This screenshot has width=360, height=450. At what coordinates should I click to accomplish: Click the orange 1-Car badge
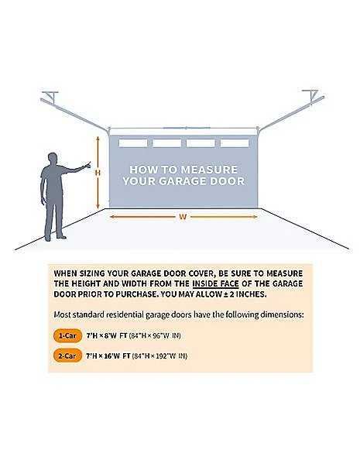[67, 335]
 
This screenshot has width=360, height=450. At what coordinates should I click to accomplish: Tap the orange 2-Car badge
[67, 356]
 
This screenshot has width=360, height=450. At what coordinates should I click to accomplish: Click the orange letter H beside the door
[98, 173]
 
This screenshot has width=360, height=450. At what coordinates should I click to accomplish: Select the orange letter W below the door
[183, 217]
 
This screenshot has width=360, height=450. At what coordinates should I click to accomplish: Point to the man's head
[53, 158]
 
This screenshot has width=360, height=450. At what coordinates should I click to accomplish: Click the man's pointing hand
[87, 165]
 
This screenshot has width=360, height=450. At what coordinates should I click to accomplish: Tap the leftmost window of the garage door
[133, 143]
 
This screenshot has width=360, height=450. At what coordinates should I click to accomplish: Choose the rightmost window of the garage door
[235, 143]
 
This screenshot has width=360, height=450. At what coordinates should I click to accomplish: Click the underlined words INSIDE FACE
[215, 283]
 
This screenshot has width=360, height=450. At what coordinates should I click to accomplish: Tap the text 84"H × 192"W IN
[159, 356]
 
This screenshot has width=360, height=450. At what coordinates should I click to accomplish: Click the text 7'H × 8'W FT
[107, 335]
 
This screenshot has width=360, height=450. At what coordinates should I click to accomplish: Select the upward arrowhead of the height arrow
[98, 139]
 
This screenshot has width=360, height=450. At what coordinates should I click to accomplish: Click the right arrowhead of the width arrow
[255, 217]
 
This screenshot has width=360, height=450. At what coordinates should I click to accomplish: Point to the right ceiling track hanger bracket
[310, 95]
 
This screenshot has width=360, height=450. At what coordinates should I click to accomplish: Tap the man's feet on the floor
[55, 238]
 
